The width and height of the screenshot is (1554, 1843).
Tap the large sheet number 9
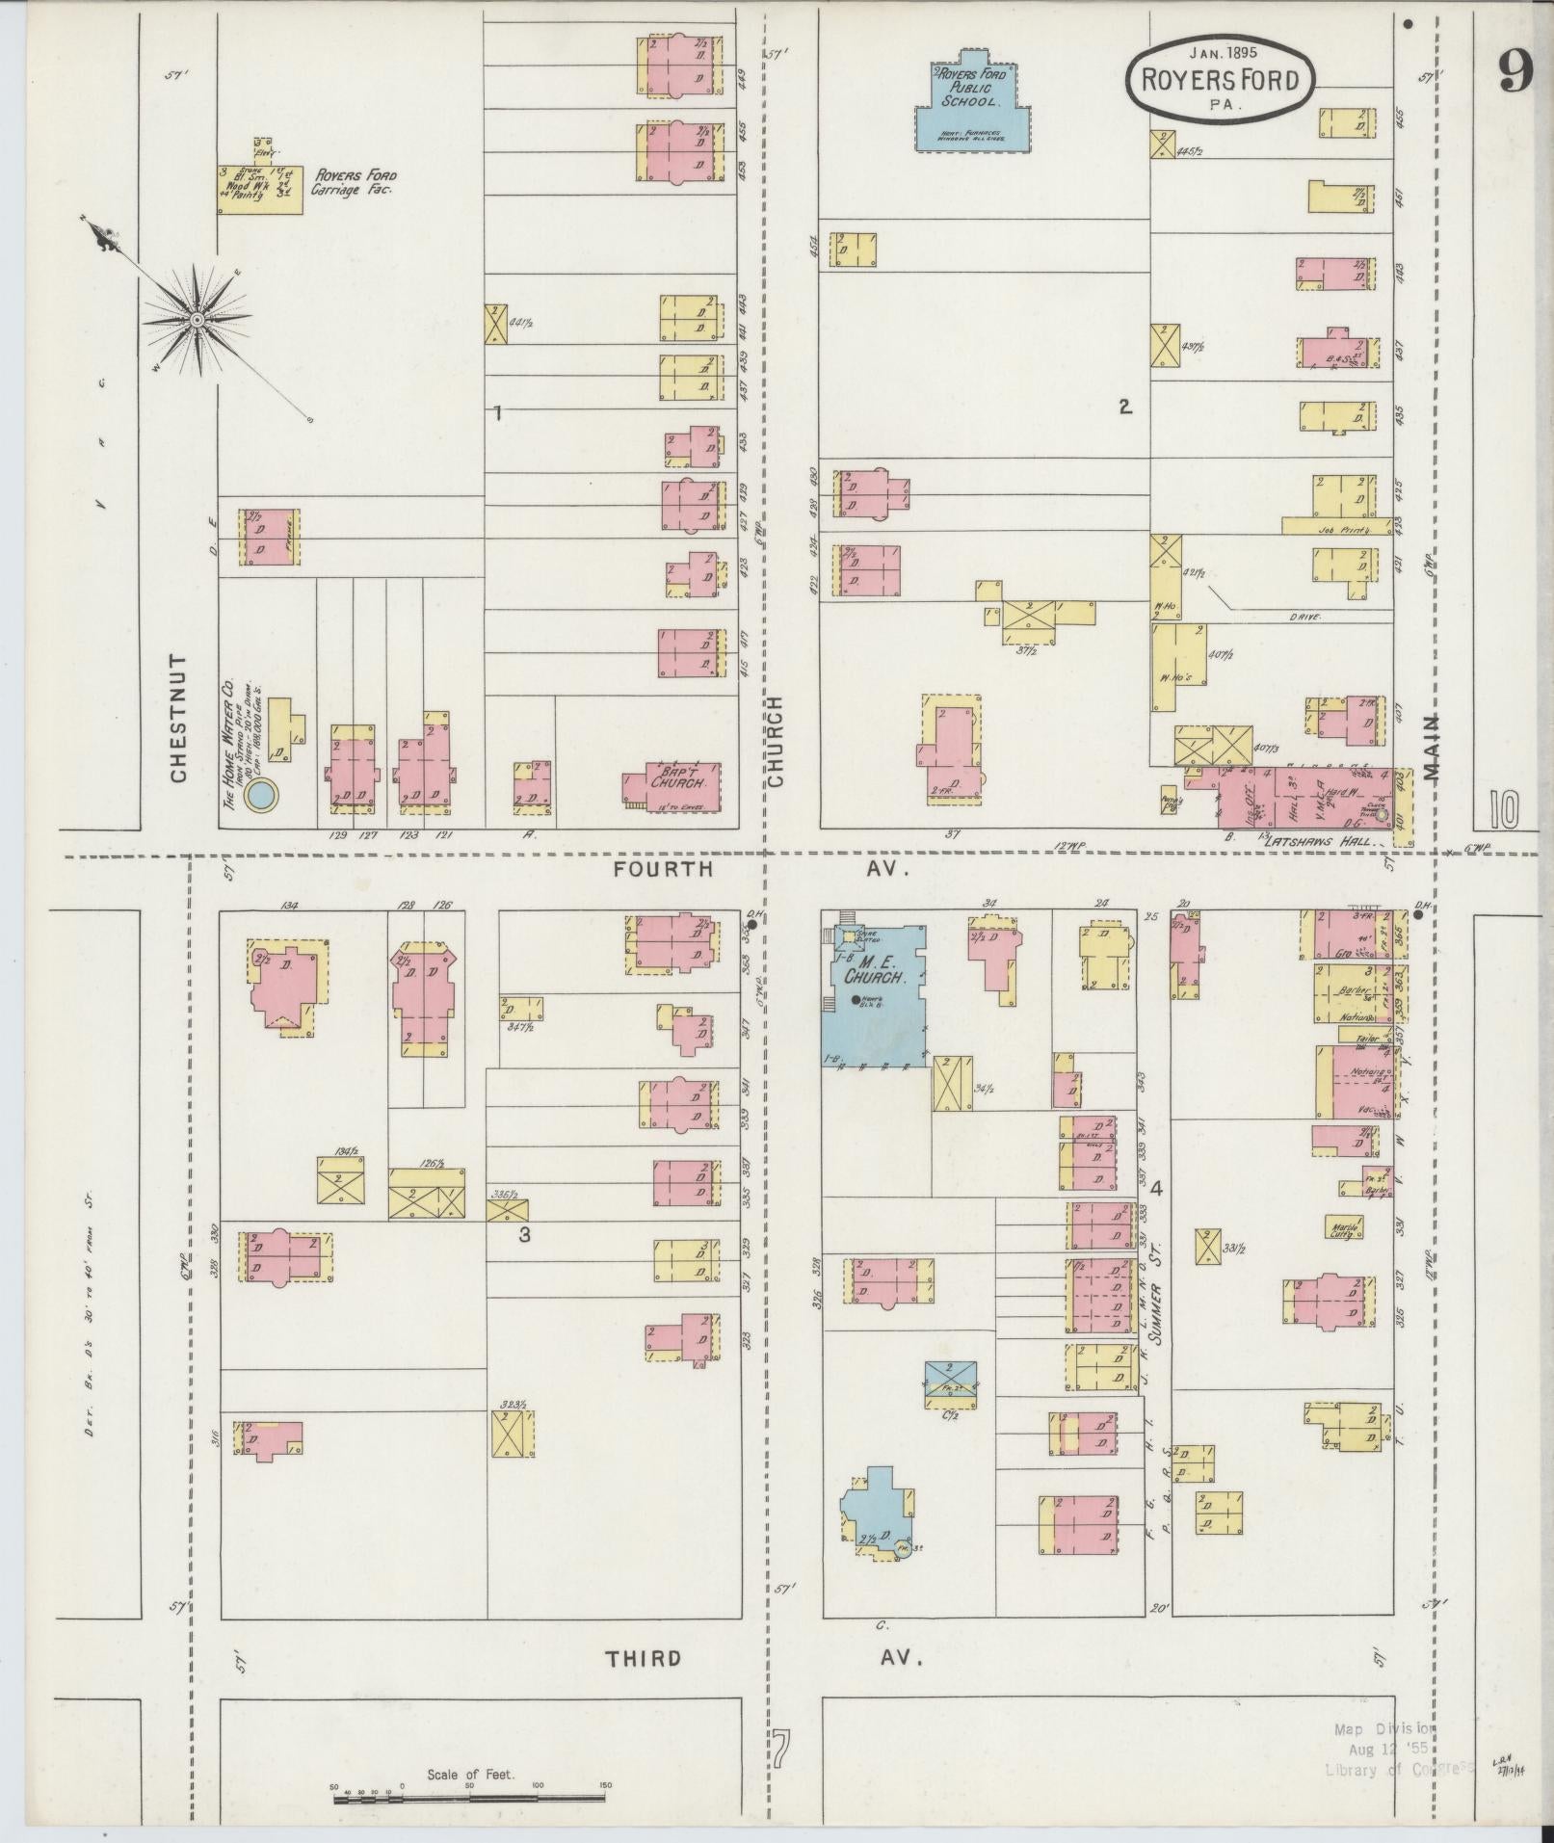pyautogui.click(x=1514, y=70)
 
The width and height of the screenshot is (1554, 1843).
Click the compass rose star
pyautogui.click(x=198, y=320)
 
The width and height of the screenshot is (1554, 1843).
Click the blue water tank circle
pyautogui.click(x=261, y=796)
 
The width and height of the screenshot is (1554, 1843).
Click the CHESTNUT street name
pyautogui.click(x=178, y=719)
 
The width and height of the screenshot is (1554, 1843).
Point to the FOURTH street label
pyautogui.click(x=664, y=869)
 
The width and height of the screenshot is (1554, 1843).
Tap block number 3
pyautogui.click(x=524, y=1234)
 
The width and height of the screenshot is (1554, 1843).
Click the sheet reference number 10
pyautogui.click(x=1501, y=809)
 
